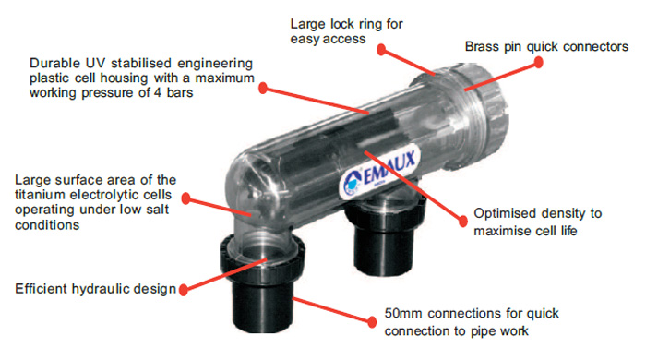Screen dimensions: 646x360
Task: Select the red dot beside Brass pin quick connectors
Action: pyautogui.click(x=538, y=62)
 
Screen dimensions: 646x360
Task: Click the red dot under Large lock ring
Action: pyautogui.click(x=381, y=50)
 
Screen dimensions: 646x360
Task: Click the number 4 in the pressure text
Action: pyautogui.click(x=158, y=92)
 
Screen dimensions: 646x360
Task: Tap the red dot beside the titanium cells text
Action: pyautogui.click(x=186, y=198)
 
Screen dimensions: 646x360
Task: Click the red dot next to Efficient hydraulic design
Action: pyautogui.click(x=184, y=290)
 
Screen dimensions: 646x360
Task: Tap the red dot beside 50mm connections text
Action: pyautogui.click(x=372, y=322)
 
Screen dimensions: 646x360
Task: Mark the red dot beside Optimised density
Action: pyautogui.click(x=463, y=221)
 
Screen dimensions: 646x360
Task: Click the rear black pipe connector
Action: pyautogui.click(x=385, y=238)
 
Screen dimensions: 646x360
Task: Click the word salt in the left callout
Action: pyautogui.click(x=158, y=210)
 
